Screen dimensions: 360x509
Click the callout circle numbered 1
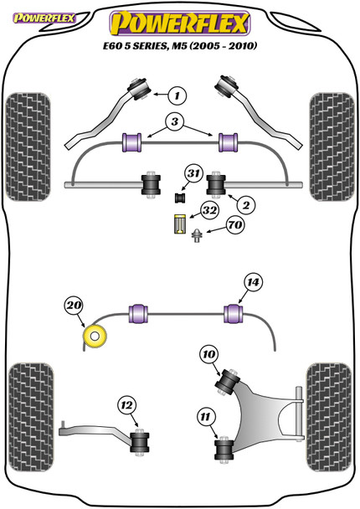(177, 95)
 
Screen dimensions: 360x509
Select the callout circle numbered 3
(175, 121)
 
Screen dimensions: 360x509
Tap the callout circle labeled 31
(193, 173)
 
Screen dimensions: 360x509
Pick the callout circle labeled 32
(209, 211)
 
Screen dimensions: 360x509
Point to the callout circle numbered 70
(235, 224)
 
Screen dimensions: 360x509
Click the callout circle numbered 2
(246, 205)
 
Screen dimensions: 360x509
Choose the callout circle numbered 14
(253, 282)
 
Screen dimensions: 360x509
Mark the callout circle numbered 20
(74, 306)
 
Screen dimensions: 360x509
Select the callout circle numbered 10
(209, 354)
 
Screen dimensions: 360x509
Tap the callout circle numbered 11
(205, 416)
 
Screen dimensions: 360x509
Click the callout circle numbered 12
(127, 405)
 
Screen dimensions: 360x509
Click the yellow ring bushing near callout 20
(95, 337)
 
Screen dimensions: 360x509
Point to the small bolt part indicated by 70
(197, 236)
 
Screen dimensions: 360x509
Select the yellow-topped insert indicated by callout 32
(178, 224)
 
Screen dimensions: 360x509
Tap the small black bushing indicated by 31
(179, 198)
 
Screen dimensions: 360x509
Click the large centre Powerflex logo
(180, 23)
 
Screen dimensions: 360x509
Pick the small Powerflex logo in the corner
(44, 18)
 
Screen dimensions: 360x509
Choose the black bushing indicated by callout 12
(140, 442)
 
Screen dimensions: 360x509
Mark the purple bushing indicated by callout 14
(234, 314)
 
